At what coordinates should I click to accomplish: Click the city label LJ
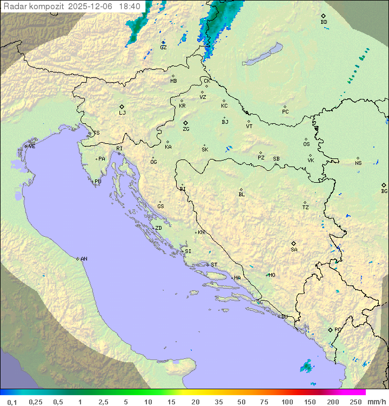pos(122,113)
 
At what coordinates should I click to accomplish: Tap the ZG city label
pos(186,129)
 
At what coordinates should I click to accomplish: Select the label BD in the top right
pos(324,22)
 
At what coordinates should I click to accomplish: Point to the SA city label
pos(294,250)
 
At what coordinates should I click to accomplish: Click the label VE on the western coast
pos(32,147)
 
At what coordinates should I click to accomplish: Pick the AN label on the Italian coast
pos(84,259)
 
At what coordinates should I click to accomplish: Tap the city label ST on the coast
pos(214,265)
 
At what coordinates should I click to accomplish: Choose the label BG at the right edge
pos(384,191)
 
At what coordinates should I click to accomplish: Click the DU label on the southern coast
pos(284,317)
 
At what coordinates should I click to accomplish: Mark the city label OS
pos(306,144)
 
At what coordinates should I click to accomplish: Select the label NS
pos(358,163)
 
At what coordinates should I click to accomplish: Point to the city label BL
pos(242,195)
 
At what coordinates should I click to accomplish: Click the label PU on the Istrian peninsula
pos(98,182)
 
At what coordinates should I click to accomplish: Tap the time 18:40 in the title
pos(130,6)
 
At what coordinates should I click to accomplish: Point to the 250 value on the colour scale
pos(356,402)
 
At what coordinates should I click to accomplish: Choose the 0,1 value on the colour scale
pos(12,402)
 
